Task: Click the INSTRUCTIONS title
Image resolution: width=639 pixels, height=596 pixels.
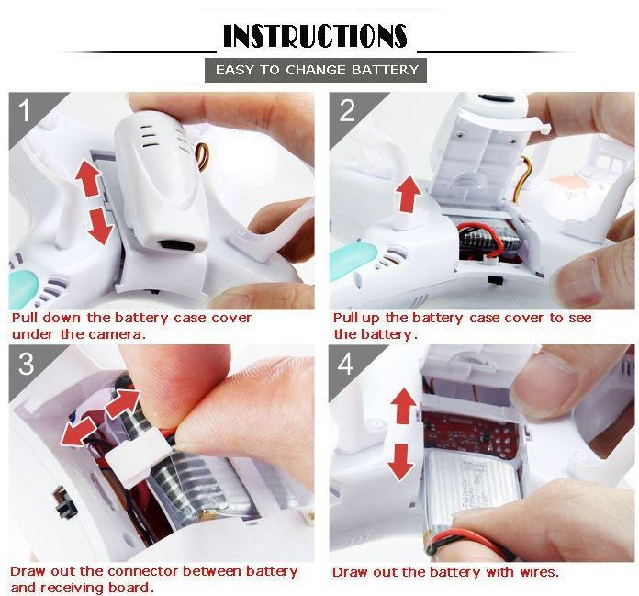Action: click(x=315, y=37)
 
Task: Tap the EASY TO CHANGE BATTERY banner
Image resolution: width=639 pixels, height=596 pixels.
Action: click(x=316, y=70)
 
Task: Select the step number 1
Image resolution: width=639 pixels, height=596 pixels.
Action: click(x=25, y=112)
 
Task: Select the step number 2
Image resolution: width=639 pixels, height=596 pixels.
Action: click(x=347, y=112)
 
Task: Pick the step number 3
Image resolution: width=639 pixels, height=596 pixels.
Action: click(x=26, y=365)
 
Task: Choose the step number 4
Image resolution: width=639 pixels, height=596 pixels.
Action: click(x=346, y=365)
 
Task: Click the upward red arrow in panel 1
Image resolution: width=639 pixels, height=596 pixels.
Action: click(x=88, y=178)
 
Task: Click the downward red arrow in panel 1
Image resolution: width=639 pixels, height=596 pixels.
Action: click(x=100, y=224)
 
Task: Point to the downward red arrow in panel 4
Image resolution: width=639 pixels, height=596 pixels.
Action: click(x=400, y=461)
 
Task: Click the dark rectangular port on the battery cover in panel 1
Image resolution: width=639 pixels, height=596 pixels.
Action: click(x=175, y=246)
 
